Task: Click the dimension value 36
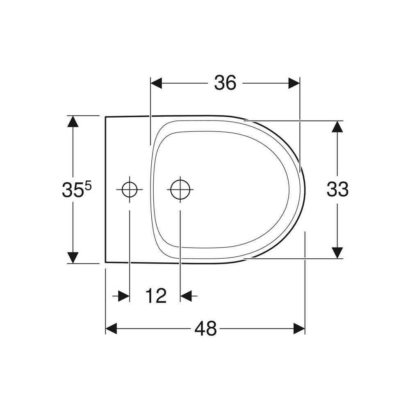(225, 83)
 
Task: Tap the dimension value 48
(205, 328)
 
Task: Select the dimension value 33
(337, 189)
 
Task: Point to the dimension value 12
(156, 296)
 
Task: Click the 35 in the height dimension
(73, 190)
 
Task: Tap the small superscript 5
(88, 187)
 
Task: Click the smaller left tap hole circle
(130, 189)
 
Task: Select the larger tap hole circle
(180, 189)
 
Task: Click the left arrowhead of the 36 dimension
(156, 83)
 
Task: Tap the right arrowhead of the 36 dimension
(294, 83)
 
